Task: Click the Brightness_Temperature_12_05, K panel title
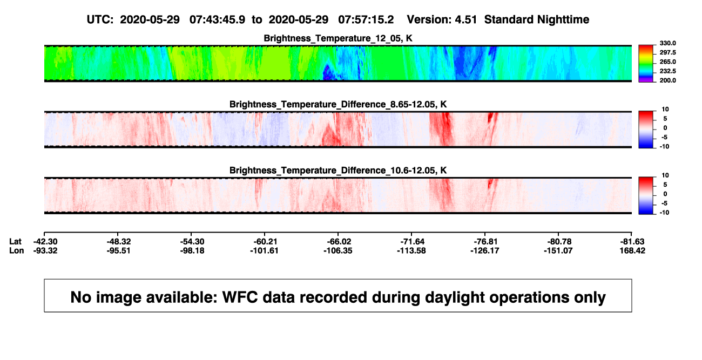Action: tap(338, 38)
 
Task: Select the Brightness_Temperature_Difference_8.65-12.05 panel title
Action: tap(338, 104)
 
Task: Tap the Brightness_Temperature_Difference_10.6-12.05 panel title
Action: tap(338, 171)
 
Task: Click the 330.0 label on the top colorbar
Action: tap(667, 43)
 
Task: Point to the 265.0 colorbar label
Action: tap(667, 62)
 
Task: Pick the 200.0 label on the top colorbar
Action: tap(667, 80)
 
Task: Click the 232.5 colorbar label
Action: tap(667, 71)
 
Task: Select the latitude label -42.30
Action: tap(45, 242)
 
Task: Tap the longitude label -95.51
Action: tap(118, 250)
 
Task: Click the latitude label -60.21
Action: tap(265, 242)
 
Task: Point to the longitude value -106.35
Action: tap(338, 250)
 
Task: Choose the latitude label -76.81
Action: tap(485, 242)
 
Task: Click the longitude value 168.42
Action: tap(632, 250)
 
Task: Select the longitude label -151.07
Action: tap(558, 250)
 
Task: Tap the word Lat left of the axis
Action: tap(15, 242)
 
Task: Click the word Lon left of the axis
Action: tap(17, 250)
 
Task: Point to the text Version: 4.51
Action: tap(442, 19)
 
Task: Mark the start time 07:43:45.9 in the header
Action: tap(217, 19)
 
